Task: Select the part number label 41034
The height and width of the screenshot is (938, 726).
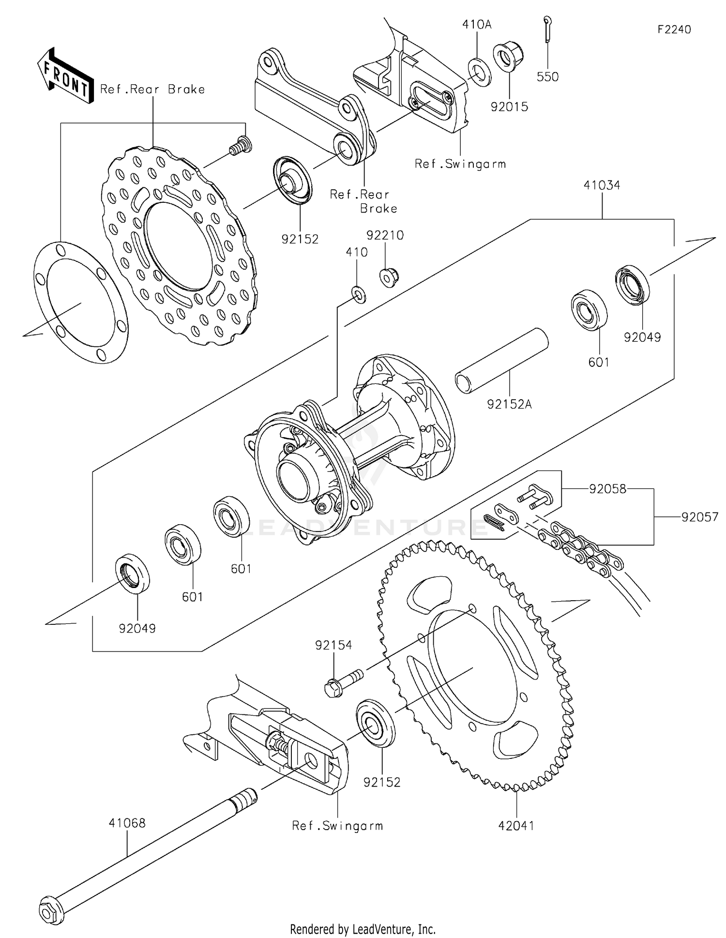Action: tap(602, 185)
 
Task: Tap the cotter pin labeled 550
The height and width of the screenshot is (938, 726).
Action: tap(547, 29)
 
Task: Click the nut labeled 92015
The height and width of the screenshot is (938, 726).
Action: tap(508, 57)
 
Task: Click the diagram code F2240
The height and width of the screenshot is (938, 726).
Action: tap(674, 30)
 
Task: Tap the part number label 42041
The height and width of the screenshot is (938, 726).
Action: tap(516, 826)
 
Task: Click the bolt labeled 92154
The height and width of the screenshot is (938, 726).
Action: tap(342, 681)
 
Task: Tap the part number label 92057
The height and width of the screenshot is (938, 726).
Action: tap(700, 517)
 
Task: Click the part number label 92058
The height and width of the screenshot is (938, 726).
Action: tap(607, 489)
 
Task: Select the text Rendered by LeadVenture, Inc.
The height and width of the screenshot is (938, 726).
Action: tap(363, 929)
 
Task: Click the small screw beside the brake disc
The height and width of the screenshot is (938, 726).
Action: tap(240, 146)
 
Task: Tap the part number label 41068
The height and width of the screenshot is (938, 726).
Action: tap(127, 823)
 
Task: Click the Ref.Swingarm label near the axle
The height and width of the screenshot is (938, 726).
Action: tap(337, 826)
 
